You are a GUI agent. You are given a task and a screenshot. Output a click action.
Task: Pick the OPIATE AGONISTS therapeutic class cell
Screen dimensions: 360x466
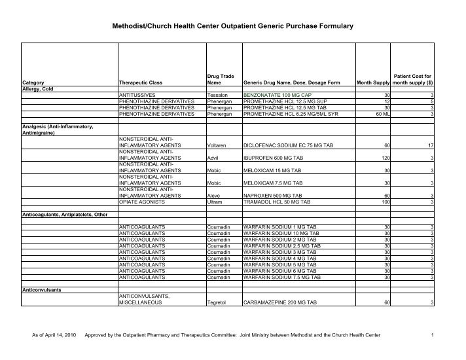[x=142, y=202]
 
